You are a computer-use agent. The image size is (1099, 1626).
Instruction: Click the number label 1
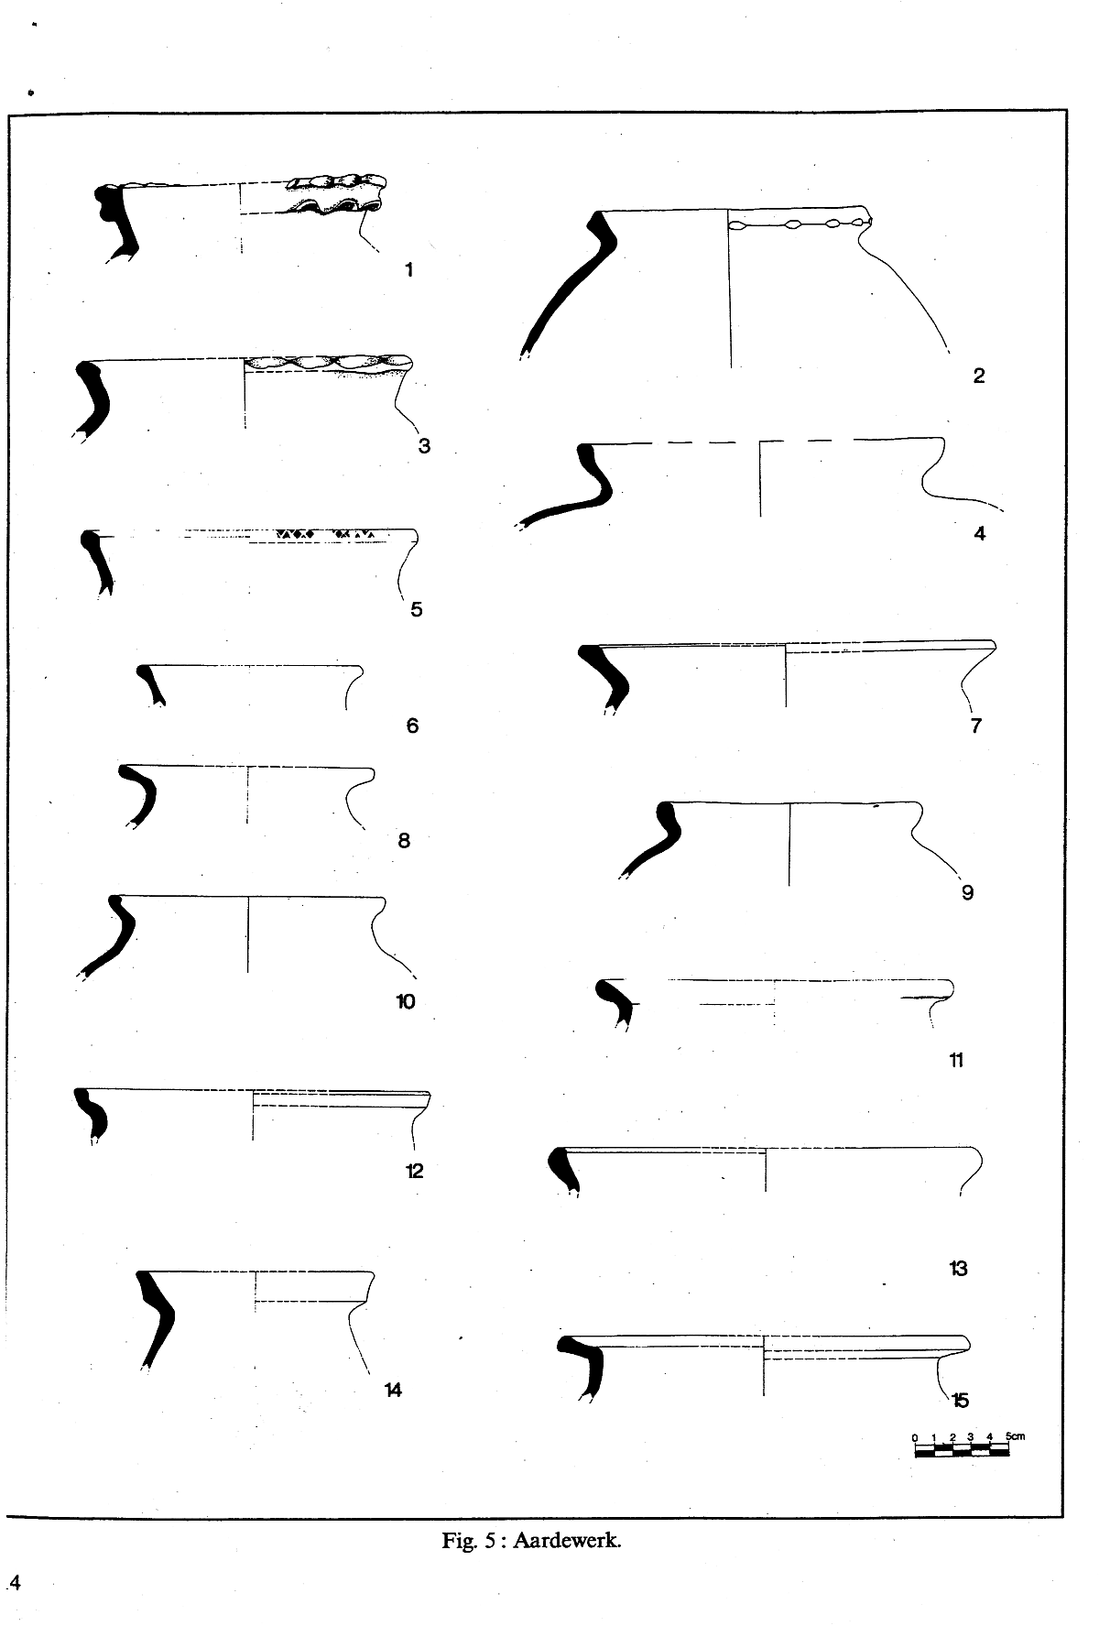coord(408,269)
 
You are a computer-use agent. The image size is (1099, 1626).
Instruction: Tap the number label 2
coord(978,375)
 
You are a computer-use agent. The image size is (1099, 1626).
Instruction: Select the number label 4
coord(980,533)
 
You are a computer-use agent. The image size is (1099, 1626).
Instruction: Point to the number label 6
coord(412,726)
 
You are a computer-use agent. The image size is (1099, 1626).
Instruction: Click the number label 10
coord(405,1001)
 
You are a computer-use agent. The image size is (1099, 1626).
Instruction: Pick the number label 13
coord(958,1269)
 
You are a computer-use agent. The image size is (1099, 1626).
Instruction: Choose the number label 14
coord(392,1391)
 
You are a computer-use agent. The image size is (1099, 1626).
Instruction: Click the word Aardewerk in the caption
coord(568,1540)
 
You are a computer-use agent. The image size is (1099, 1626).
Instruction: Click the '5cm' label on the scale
coord(1015,1435)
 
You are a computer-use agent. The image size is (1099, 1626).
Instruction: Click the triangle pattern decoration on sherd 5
coord(328,533)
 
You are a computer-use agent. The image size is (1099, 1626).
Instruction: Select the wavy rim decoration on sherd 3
coord(328,364)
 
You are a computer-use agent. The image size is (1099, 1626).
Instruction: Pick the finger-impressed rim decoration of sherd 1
coord(335,194)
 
